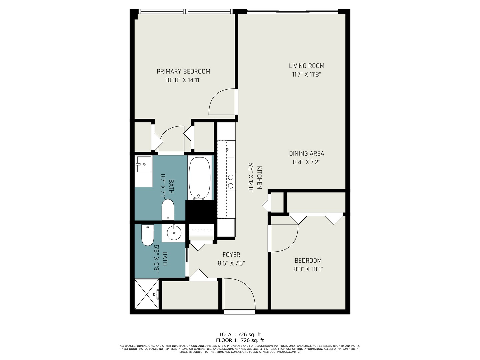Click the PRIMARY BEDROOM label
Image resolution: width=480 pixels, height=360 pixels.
183,71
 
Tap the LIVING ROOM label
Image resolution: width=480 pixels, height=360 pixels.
306,66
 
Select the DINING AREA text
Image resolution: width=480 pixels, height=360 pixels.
306,154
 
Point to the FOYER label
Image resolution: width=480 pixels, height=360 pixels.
231,255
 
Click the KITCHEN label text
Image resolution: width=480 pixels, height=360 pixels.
260,177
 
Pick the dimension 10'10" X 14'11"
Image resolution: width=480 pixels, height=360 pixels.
183,80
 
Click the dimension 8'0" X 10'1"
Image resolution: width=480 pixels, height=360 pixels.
308,269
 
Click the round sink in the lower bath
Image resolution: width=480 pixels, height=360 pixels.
174,232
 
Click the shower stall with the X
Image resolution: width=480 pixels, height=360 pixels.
147,294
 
